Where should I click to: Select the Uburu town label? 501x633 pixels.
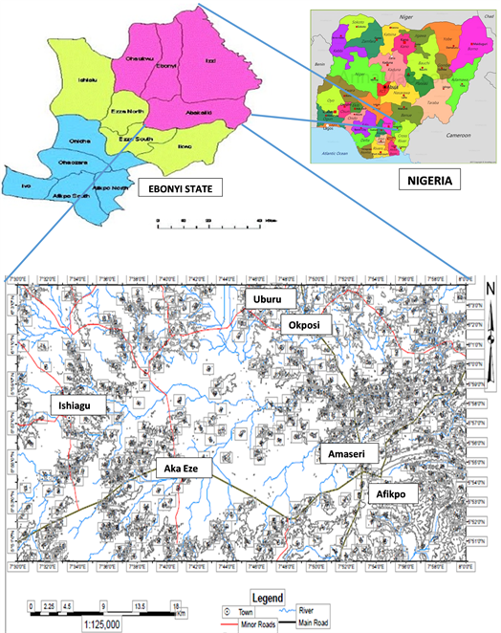(x=266, y=300)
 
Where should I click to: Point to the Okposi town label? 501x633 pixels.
(x=305, y=326)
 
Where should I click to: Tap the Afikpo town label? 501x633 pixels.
(x=392, y=493)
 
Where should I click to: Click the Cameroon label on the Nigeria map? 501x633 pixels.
(x=453, y=137)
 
